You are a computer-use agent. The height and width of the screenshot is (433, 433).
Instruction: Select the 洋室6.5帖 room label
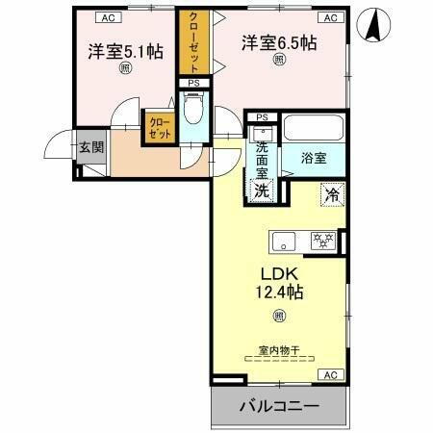point(279,43)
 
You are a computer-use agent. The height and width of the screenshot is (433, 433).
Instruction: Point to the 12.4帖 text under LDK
point(279,289)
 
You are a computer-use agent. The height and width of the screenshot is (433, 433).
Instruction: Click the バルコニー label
point(279,406)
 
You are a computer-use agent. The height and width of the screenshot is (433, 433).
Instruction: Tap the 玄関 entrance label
point(91,147)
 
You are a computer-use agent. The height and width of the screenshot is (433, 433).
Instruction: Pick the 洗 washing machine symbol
point(261,189)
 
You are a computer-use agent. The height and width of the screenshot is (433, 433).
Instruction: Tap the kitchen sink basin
point(285,240)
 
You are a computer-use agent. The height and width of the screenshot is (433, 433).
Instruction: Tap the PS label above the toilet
point(192,83)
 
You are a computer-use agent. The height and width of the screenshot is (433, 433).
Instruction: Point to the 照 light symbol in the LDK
point(279,315)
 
